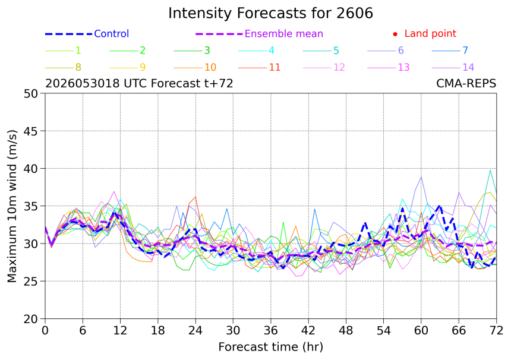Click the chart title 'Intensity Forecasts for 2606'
(x=270, y=13)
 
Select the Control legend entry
(x=87, y=33)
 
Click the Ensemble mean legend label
(x=283, y=33)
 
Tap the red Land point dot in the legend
(x=395, y=34)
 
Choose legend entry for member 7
(x=450, y=50)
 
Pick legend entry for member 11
(x=260, y=68)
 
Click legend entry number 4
(x=257, y=50)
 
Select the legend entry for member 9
(x=127, y=68)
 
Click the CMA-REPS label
(x=466, y=84)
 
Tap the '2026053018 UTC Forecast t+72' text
(x=139, y=84)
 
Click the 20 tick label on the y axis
(x=31, y=319)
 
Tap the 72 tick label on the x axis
(x=496, y=331)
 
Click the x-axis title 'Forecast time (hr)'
(x=270, y=347)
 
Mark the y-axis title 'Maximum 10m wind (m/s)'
(x=12, y=206)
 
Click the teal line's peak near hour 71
(x=490, y=170)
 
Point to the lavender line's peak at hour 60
(x=421, y=177)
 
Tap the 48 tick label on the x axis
(x=346, y=331)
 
